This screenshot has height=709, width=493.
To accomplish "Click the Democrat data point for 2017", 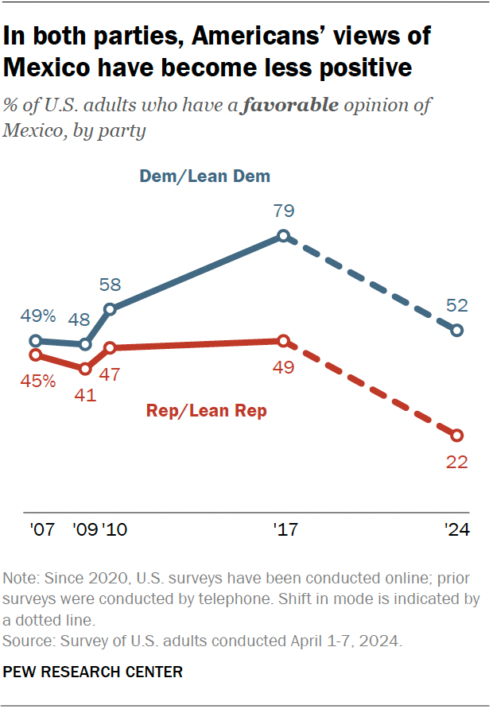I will [283, 236].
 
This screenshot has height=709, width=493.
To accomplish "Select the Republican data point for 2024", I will [456, 435].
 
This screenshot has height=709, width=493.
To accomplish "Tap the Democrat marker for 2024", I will [456, 330].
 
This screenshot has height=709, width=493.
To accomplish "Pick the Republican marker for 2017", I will [283, 341].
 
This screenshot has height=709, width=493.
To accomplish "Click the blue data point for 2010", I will [110, 309].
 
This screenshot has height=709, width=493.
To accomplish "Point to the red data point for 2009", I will [85, 369].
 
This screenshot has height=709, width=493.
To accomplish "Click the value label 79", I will [284, 211].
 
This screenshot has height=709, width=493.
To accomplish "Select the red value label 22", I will [456, 462].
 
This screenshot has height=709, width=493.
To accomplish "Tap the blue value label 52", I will [456, 305].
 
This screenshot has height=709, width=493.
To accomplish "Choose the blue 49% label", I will [37, 316].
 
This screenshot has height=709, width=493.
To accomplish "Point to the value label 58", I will [110, 285].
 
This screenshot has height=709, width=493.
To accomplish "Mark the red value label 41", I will [85, 394].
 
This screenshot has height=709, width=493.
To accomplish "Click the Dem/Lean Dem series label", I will [205, 176].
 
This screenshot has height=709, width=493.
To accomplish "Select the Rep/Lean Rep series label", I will [206, 411].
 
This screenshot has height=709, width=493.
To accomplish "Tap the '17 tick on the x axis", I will [284, 529].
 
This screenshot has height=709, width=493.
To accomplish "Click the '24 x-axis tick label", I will [456, 529].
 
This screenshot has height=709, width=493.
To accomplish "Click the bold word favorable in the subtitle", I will [298, 106].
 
